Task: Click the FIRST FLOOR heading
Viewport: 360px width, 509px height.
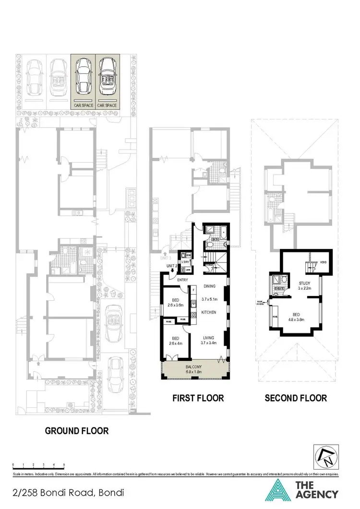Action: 198,398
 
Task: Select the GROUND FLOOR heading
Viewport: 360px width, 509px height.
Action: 77,430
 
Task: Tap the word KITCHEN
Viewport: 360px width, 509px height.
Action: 209,312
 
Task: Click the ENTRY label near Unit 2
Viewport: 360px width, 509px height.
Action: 182,280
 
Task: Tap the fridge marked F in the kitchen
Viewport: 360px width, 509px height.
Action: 193,290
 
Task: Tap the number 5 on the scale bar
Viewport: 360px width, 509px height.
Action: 64,465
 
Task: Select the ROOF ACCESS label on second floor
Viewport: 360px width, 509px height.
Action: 261,302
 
